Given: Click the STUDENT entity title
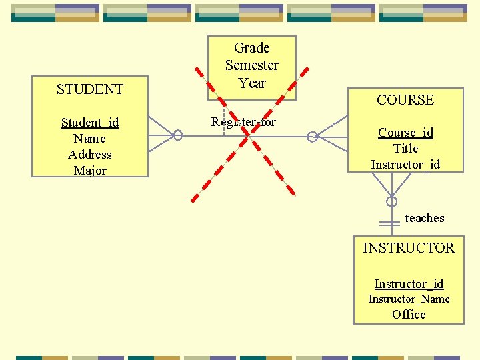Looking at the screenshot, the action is pos(90,89).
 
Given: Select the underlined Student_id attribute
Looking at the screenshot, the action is pos(90,123).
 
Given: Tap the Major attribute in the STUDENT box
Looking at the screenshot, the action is pos(90,171).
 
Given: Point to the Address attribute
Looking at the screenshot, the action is pos(90,155).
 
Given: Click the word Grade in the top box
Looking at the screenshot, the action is pos(252,48).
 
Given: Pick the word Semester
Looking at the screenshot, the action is pos(252,65).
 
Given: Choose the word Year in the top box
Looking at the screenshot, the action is pos(252,83).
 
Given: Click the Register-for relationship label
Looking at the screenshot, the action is pos(243,122).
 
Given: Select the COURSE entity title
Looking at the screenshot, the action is pos(405,100).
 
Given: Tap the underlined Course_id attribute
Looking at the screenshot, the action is pos(405,133).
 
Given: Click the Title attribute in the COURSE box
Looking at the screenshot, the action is pos(405,149).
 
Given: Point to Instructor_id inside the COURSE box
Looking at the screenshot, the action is pos(405,165).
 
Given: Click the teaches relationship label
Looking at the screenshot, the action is pos(425,218).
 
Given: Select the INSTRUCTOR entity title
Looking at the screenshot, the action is pos(409,248).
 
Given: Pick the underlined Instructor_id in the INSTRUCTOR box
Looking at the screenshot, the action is pos(409,284).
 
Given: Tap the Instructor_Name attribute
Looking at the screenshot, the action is pos(409,299).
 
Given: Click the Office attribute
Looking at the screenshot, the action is pos(409,315).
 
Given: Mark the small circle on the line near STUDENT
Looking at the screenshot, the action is pos(178,135).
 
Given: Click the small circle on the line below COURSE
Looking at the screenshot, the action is pos(392,201).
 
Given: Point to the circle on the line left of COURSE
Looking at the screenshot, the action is pos(312,137).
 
